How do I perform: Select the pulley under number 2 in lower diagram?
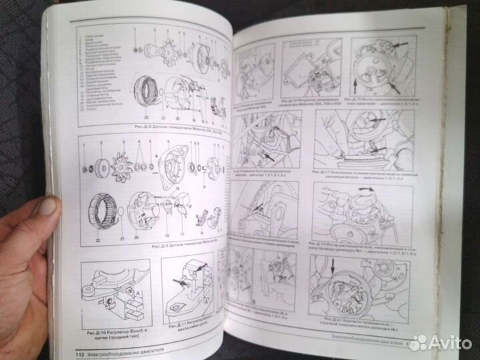tap(104, 167)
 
